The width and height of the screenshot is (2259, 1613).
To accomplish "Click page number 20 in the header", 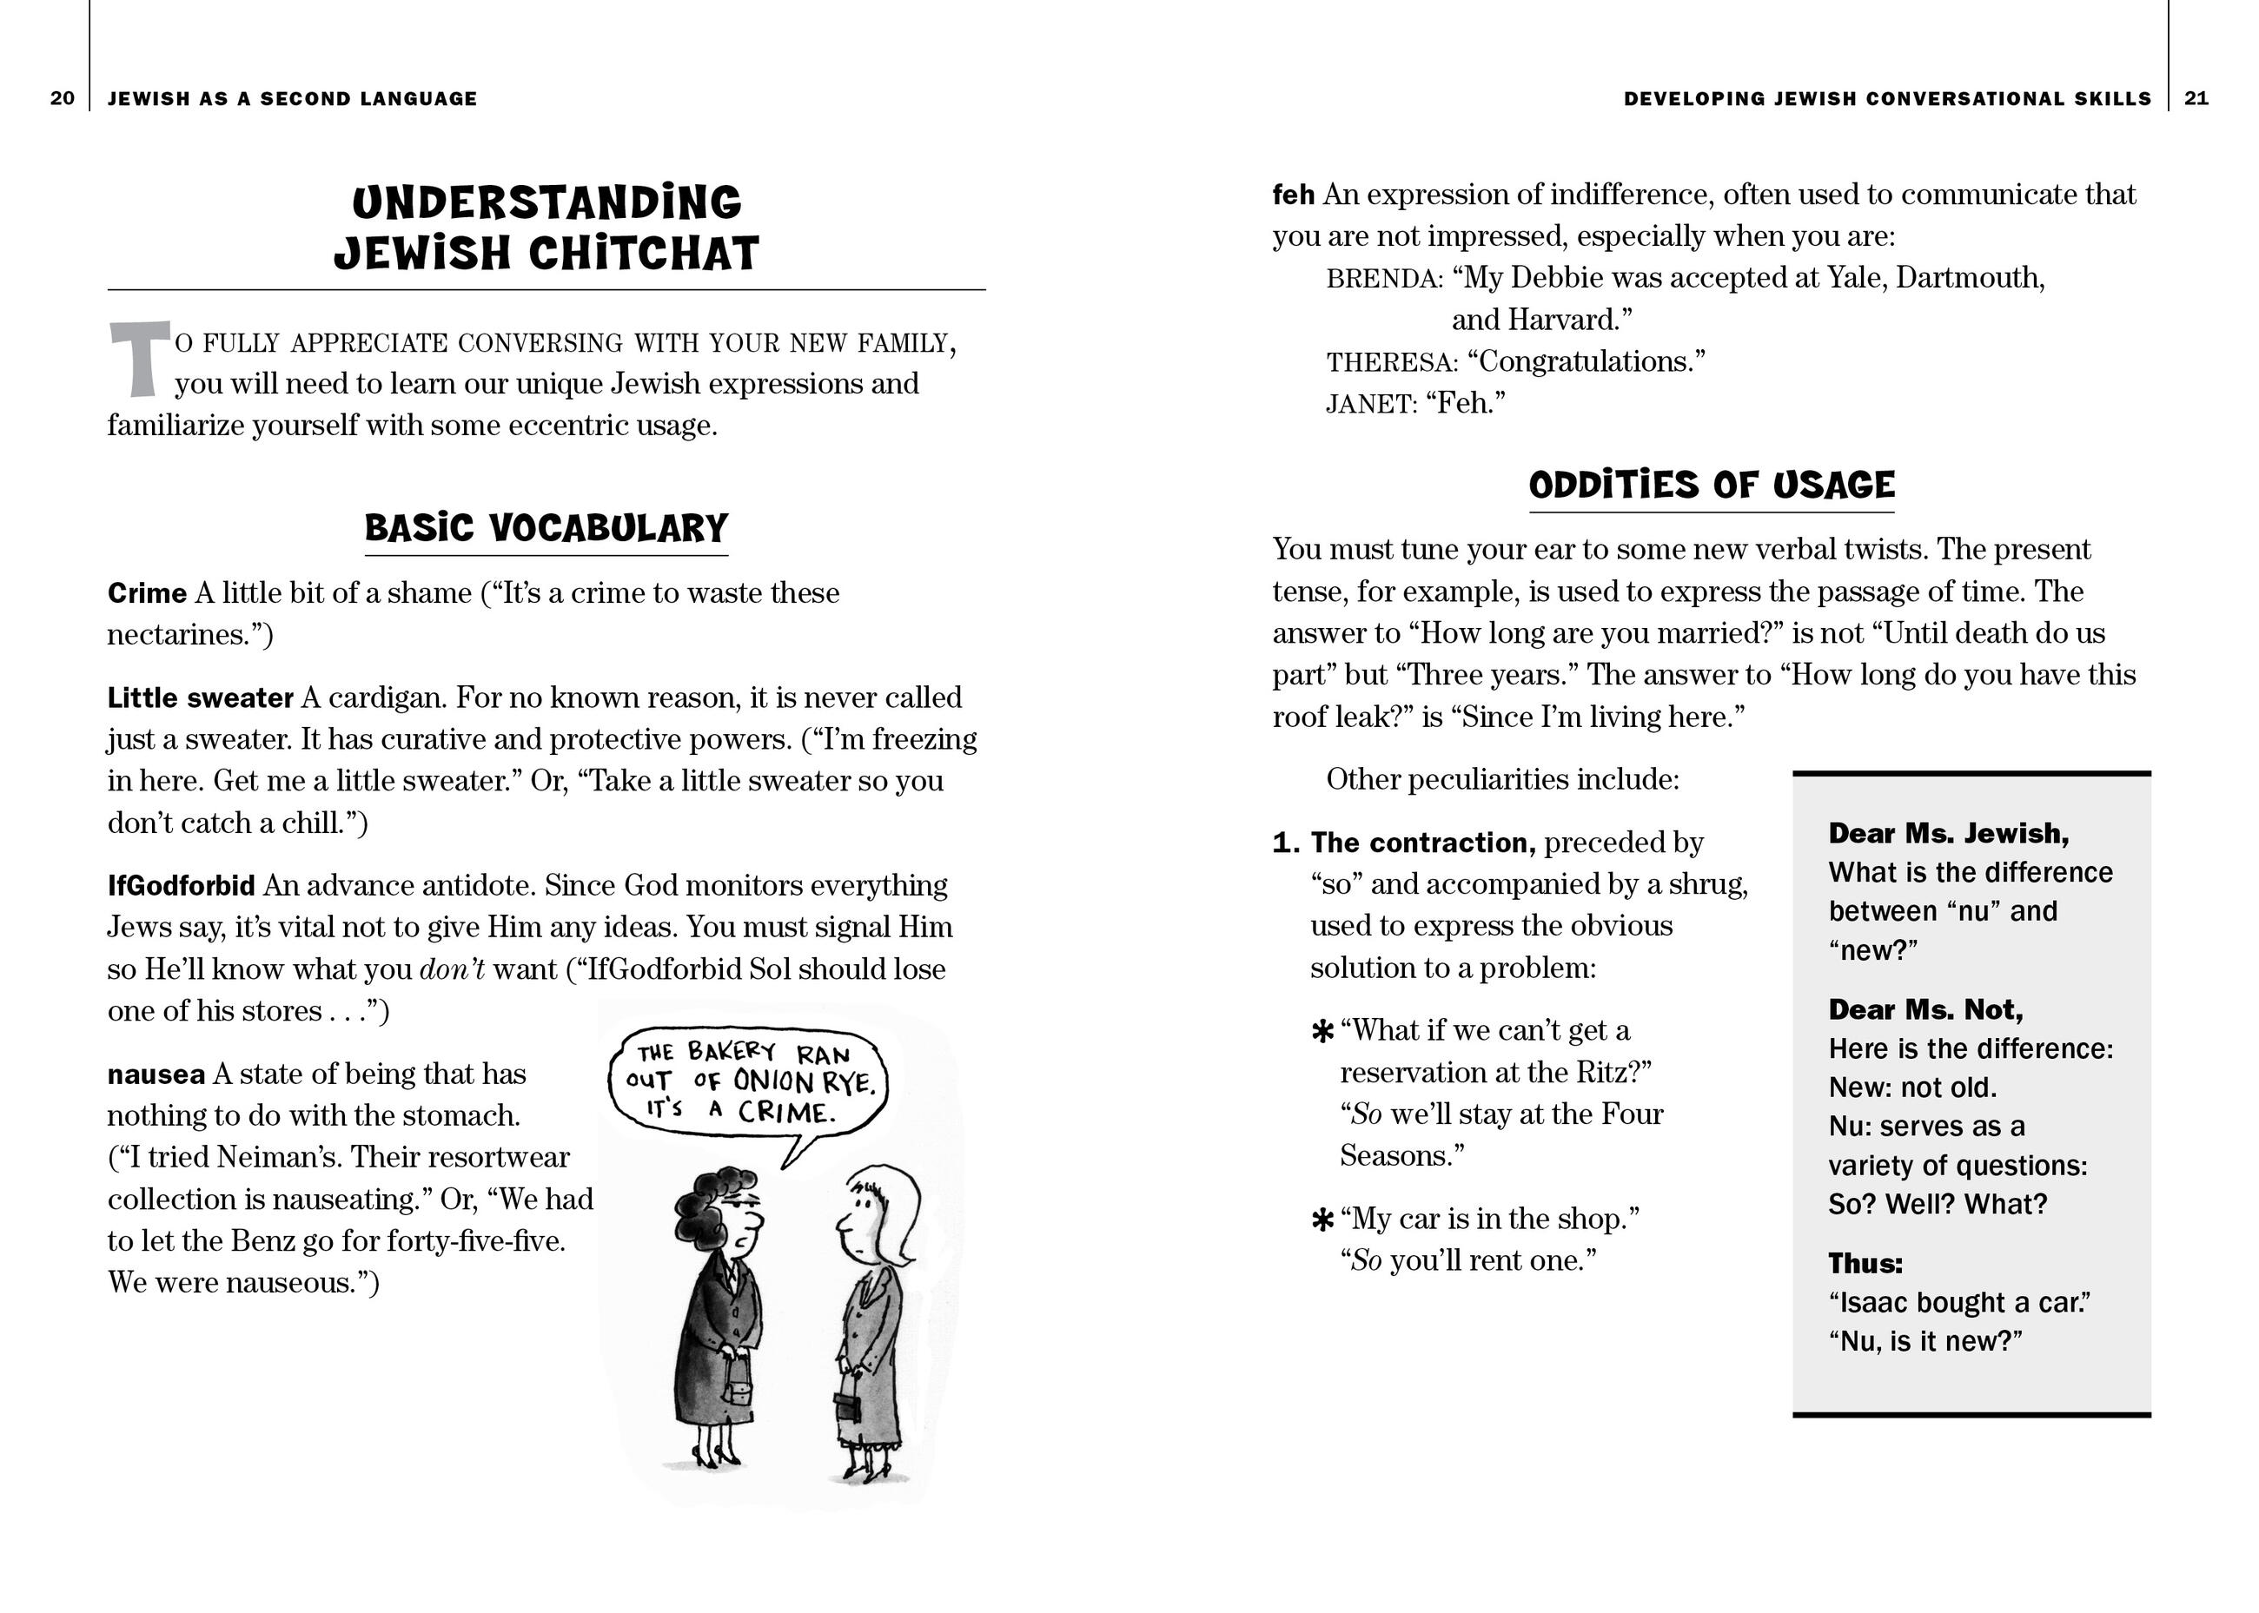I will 62,98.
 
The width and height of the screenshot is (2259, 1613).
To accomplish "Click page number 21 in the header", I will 2196,98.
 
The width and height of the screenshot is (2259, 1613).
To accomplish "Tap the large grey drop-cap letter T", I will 138,359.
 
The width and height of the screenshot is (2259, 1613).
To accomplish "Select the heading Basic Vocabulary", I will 547,527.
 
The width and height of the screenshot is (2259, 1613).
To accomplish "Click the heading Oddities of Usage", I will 1712,485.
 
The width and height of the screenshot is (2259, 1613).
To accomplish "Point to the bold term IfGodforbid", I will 181,885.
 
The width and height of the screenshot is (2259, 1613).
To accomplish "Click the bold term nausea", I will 156,1074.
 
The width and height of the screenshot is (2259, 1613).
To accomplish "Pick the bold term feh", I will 1293,195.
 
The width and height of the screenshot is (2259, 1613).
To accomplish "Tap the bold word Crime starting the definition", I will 147,593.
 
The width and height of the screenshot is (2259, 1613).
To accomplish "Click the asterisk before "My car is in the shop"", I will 1322,1220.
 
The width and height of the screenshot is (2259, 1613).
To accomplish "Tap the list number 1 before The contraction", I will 1286,843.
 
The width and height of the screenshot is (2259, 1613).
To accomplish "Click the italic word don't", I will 452,969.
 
